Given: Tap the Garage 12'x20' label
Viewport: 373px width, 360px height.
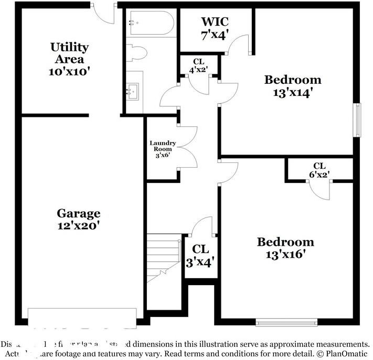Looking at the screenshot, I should pyautogui.click(x=78, y=220).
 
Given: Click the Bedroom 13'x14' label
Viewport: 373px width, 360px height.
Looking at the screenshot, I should pyautogui.click(x=292, y=86).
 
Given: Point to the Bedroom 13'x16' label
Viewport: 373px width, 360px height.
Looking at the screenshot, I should pyautogui.click(x=285, y=248).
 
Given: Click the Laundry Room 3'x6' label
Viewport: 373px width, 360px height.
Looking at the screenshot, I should pyautogui.click(x=162, y=149).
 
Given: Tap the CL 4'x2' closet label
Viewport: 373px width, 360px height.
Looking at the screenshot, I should pyautogui.click(x=198, y=65).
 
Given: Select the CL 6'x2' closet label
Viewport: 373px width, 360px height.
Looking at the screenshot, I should pyautogui.click(x=318, y=170).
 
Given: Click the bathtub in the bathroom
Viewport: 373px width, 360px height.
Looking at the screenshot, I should pyautogui.click(x=151, y=23).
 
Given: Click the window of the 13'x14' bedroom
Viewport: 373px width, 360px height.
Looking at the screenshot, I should pyautogui.click(x=358, y=120).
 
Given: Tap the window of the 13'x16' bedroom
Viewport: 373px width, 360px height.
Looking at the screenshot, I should pyautogui.click(x=286, y=322).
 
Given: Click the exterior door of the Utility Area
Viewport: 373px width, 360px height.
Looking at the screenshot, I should pyautogui.click(x=105, y=13).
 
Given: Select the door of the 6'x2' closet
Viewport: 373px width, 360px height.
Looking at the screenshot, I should pyautogui.click(x=319, y=190).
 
